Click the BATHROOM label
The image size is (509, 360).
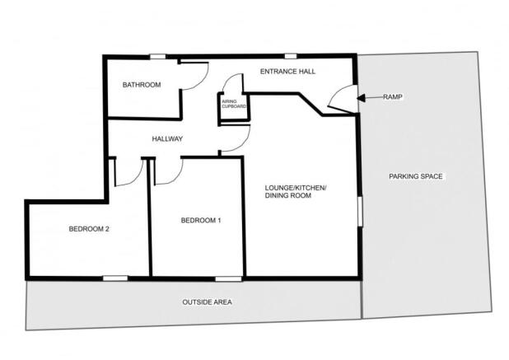(141, 85)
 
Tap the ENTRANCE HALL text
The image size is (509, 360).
(287, 72)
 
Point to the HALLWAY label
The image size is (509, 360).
(167, 138)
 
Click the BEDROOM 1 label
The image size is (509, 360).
(201, 220)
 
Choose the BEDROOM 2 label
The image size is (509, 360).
(89, 229)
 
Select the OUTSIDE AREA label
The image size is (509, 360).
(207, 302)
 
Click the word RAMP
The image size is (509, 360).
(392, 97)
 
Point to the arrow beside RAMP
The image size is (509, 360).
(370, 97)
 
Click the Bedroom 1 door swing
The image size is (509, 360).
(168, 171)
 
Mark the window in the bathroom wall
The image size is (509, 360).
(156, 56)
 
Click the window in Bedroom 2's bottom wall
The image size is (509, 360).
(115, 278)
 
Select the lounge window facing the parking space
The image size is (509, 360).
(360, 209)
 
